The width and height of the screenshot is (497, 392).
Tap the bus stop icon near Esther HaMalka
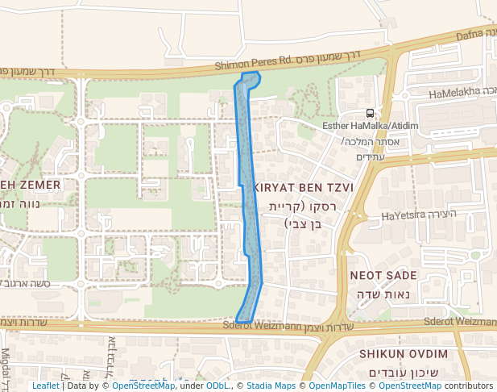pyautogui.click(x=370, y=114)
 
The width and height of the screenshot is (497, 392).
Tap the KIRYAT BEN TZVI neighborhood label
pyautogui.click(x=303, y=187)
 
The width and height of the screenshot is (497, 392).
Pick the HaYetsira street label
pyautogui.click(x=408, y=216)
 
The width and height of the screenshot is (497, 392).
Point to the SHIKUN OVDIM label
pyautogui.click(x=404, y=354)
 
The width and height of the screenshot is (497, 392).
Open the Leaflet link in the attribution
pyautogui.click(x=45, y=386)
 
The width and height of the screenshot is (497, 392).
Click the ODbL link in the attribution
pyautogui.click(x=217, y=386)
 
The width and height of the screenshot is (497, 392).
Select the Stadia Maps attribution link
pyautogui.click(x=268, y=386)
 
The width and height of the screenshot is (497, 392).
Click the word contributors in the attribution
pyautogui.click(x=468, y=386)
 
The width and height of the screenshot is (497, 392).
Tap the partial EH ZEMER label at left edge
pyautogui.click(x=31, y=185)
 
